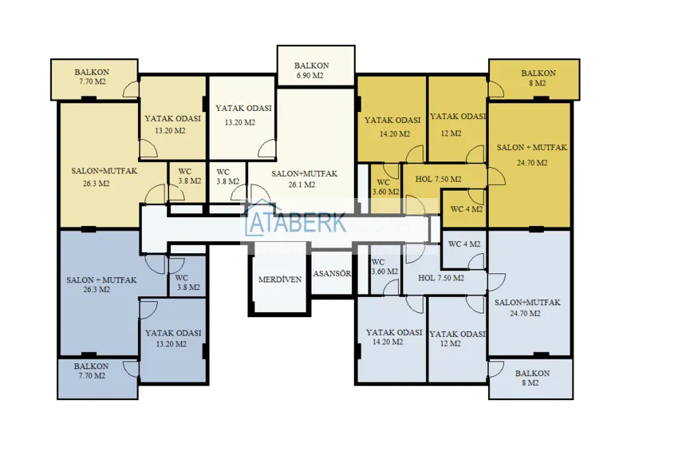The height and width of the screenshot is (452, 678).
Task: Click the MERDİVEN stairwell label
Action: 279,280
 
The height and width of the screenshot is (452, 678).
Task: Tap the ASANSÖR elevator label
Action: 332,273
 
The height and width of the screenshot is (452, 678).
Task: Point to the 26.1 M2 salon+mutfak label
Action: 304,179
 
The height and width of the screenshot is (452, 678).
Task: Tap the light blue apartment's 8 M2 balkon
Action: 532,379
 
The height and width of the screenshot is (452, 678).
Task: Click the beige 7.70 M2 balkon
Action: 93,77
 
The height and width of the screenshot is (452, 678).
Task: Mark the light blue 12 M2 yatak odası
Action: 457,339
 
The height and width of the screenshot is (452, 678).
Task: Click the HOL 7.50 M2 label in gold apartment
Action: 438,179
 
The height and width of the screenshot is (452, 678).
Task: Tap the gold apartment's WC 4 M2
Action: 467,209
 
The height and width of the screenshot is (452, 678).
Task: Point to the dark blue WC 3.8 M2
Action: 188,281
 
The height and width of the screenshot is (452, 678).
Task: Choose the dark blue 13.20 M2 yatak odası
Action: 172,338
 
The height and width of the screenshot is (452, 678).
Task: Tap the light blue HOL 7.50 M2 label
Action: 440,278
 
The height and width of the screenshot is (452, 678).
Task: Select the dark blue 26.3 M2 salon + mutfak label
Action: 101,284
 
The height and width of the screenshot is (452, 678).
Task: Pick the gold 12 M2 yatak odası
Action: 457,124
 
